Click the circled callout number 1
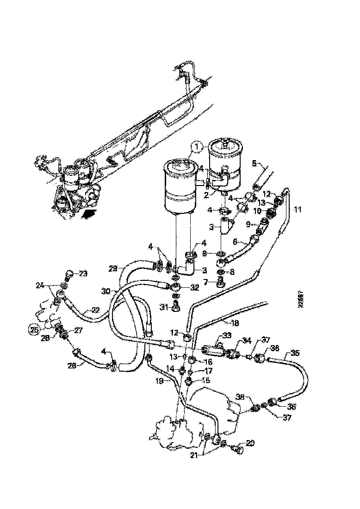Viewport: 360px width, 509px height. pos(197,148)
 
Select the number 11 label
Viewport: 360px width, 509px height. pos(297,209)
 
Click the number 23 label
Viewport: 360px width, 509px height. pos(83,273)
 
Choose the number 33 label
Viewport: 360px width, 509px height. pos(227,336)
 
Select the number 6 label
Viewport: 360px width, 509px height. pos(235,242)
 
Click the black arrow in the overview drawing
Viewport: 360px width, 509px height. pos(89,214)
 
